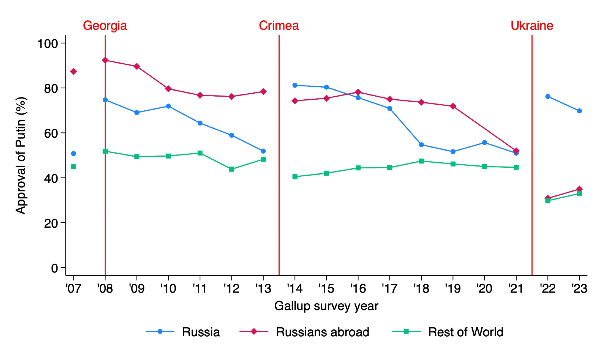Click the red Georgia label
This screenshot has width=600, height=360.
[x=105, y=26]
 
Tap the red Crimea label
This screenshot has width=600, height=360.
[x=279, y=26]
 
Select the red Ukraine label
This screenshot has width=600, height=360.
[x=532, y=26]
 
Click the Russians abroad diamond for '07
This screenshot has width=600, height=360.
[x=73, y=71]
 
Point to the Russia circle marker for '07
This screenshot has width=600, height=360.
[x=73, y=154]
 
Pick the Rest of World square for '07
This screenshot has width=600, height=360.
[x=73, y=166]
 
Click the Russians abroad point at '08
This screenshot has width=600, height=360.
[x=105, y=60]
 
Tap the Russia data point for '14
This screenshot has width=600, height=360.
[x=295, y=85]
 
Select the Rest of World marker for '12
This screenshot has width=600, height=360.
[x=232, y=169]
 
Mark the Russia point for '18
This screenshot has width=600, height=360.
[x=421, y=145]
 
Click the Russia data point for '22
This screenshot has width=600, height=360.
[x=548, y=96]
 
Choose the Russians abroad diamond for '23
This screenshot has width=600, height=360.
[x=579, y=189]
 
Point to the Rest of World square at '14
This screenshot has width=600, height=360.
[x=295, y=177]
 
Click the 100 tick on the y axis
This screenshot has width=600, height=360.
[x=47, y=44]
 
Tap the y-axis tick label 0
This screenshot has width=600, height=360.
[x=54, y=268]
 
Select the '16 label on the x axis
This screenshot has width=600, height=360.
[x=358, y=289]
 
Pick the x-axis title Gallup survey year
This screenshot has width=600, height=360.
[x=326, y=306]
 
